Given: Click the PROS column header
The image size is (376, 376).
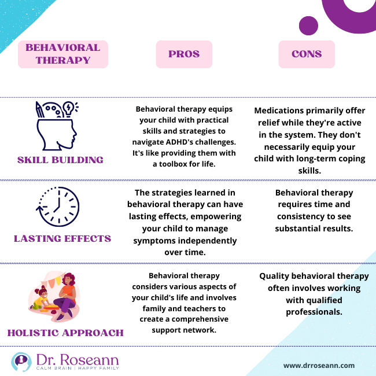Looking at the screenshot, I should click(x=183, y=54).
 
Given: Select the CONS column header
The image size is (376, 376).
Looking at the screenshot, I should click(x=307, y=54).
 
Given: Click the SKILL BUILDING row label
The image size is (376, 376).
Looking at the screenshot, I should click(x=61, y=160).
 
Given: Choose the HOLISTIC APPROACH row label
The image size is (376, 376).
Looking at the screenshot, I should click(x=65, y=333).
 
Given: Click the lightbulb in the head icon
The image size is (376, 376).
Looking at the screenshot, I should click(x=68, y=108).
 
